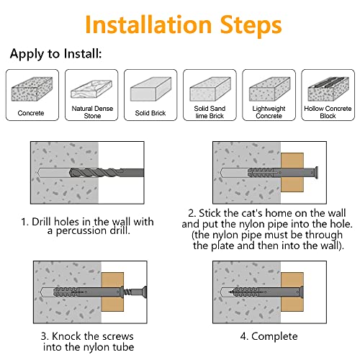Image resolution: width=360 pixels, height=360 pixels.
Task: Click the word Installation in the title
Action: (x=148, y=24)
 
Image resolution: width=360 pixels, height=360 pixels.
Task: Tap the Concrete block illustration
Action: (x=32, y=89)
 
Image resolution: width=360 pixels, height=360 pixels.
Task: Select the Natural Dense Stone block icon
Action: (x=91, y=89)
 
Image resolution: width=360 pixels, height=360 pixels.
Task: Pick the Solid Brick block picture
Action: (x=150, y=89)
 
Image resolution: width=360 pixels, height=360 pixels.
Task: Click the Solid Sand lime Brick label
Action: (x=210, y=112)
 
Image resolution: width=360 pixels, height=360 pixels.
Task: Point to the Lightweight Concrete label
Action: (x=269, y=112)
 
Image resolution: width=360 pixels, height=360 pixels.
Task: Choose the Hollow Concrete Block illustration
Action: (x=328, y=89)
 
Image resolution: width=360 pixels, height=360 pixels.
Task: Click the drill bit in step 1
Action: (x=107, y=173)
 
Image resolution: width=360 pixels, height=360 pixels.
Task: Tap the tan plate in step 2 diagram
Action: (x=292, y=172)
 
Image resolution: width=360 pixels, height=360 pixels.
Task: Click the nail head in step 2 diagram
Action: (x=316, y=173)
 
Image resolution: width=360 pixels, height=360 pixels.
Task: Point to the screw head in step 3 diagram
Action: (x=144, y=292)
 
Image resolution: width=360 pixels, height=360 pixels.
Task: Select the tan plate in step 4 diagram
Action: (x=292, y=292)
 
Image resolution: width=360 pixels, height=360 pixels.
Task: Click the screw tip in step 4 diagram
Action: (x=229, y=292)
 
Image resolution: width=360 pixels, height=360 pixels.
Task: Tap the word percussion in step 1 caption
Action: (x=81, y=230)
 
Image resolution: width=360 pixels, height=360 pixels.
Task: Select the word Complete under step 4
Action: (x=274, y=337)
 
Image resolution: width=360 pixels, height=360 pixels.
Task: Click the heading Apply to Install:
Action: (x=56, y=54)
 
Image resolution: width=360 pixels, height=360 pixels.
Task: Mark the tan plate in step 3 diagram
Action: (x=112, y=292)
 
